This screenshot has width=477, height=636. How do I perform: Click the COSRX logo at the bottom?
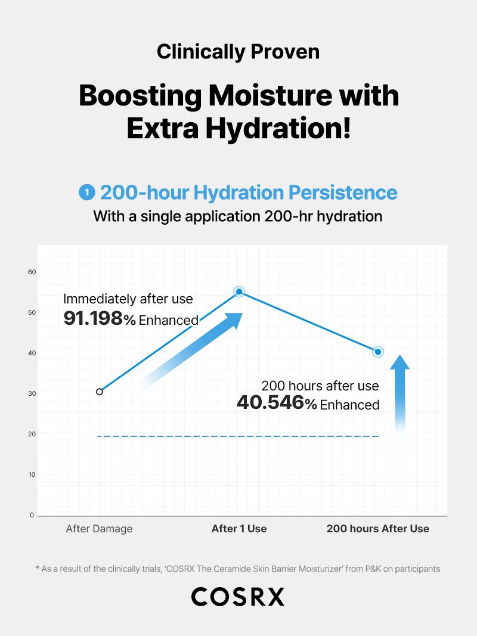tap(238, 597)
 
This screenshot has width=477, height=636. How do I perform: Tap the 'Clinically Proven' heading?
tap(238, 52)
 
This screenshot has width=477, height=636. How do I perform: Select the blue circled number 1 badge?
tap(86, 193)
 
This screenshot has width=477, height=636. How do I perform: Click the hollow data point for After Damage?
tap(100, 392)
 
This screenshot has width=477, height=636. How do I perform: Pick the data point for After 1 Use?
tap(239, 291)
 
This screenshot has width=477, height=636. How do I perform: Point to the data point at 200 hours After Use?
tap(378, 352)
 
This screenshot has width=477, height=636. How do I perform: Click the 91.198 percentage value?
tap(93, 318)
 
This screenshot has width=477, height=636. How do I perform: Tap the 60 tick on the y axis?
tap(32, 272)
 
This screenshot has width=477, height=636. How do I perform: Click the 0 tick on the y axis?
tap(32, 515)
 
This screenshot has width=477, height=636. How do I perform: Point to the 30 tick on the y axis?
tap(32, 393)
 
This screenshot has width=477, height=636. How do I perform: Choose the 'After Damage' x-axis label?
tap(99, 529)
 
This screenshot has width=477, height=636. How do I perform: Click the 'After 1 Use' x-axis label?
tap(239, 529)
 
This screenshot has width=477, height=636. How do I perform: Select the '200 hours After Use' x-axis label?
tap(377, 529)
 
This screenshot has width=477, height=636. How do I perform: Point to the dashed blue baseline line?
tap(238, 436)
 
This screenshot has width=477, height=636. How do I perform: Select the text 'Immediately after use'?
tap(128, 299)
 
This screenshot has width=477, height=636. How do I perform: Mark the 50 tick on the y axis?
tap(32, 313)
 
